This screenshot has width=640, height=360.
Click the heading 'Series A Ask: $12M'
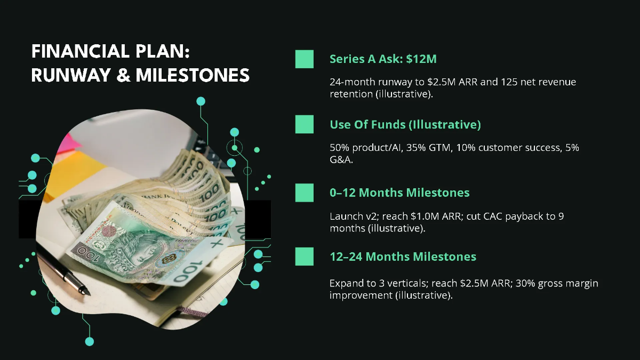pos(383,59)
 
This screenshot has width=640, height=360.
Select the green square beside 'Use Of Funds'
pos(305,124)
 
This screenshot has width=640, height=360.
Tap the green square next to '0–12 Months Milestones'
pos(305,192)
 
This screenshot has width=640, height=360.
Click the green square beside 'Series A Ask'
pos(305,59)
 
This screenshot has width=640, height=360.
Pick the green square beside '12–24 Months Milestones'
pos(305,257)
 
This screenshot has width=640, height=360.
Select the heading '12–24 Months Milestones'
pos(403,257)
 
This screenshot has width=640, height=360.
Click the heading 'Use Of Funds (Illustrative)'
pos(405,125)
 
